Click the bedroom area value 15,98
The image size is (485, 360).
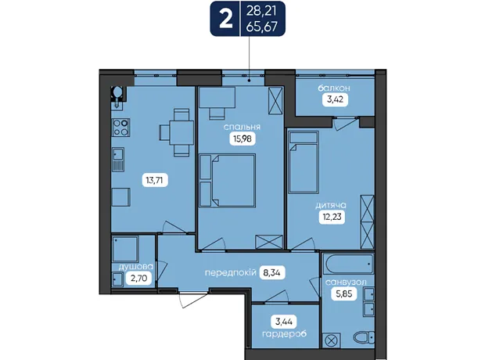[242, 139]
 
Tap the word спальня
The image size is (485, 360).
[242, 127]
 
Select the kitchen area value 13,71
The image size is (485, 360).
[155, 180]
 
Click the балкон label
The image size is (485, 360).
[334, 88]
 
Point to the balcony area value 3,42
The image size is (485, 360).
[335, 100]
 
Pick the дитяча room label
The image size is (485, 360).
[331, 205]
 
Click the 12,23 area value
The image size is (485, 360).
[332, 217]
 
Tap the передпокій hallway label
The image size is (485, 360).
[231, 273]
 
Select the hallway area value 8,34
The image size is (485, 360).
[272, 272]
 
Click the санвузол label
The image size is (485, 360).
[346, 283]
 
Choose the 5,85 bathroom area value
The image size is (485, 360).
[344, 293]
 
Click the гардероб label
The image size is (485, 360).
[284, 334]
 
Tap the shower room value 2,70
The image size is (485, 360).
[139, 279]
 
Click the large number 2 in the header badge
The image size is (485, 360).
[225, 20]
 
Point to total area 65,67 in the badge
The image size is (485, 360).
[262, 27]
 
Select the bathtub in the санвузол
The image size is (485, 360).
[348, 264]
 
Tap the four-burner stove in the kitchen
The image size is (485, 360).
[121, 128]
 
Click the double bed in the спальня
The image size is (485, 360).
[234, 181]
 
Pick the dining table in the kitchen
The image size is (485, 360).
[181, 132]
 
